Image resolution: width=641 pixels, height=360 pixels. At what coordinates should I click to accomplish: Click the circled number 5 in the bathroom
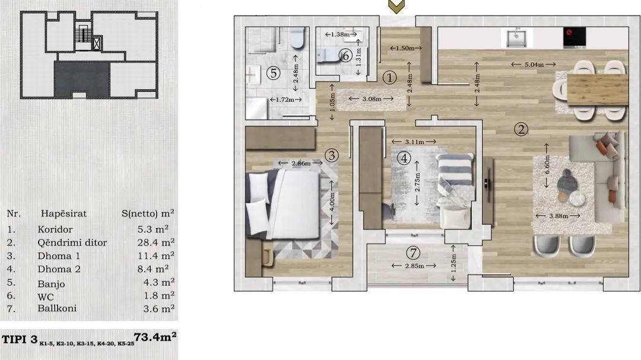(x=273, y=73)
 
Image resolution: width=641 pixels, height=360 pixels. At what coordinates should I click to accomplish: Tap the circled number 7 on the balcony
(x=413, y=253)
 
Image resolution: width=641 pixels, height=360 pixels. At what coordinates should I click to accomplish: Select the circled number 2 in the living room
(x=521, y=129)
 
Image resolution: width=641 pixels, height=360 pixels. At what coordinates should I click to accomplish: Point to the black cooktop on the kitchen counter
(x=575, y=37)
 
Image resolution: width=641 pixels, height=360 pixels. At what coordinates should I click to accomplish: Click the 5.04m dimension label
(x=534, y=64)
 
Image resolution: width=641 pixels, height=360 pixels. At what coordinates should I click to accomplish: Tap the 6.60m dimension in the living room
(x=547, y=165)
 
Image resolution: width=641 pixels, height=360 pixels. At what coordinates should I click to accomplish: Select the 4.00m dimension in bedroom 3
(x=332, y=203)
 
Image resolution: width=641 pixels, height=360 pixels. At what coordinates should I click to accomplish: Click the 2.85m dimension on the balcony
(x=414, y=266)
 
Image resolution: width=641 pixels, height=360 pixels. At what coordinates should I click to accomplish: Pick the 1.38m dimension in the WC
(x=341, y=34)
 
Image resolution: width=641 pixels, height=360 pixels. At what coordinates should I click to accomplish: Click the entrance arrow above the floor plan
(x=396, y=6)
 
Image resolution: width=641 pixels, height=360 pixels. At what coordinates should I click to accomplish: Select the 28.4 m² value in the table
(x=156, y=243)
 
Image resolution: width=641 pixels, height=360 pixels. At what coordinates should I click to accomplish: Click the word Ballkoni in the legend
(x=57, y=308)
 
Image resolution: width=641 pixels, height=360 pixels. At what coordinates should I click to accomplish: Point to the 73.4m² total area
(x=156, y=337)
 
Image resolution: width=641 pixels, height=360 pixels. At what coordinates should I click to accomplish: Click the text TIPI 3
(x=20, y=340)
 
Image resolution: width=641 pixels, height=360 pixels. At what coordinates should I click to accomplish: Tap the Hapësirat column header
(x=64, y=214)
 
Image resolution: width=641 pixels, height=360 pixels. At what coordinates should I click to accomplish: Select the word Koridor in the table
(x=55, y=230)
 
